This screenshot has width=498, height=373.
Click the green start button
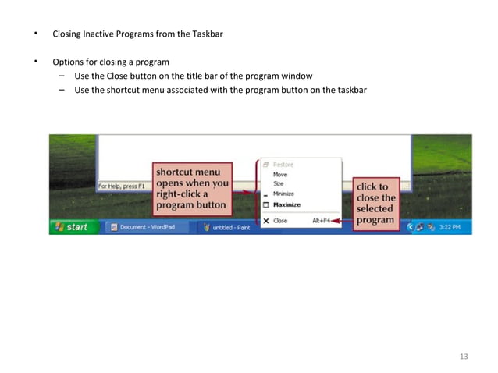click(x=69, y=227)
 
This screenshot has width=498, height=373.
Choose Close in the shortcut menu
click(x=280, y=221)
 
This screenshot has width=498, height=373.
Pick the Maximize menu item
click(x=286, y=204)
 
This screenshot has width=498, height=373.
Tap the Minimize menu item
click(x=283, y=194)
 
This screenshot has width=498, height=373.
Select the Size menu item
click(x=279, y=184)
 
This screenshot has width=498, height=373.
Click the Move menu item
click(x=280, y=175)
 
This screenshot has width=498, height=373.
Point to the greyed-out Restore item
click(x=283, y=165)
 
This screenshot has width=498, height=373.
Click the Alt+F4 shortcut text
click(x=321, y=221)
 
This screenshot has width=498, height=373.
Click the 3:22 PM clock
click(x=449, y=227)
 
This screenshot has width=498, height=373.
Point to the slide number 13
click(x=464, y=357)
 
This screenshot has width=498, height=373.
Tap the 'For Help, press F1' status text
click(x=121, y=186)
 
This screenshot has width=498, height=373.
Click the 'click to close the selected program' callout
click(x=376, y=204)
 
